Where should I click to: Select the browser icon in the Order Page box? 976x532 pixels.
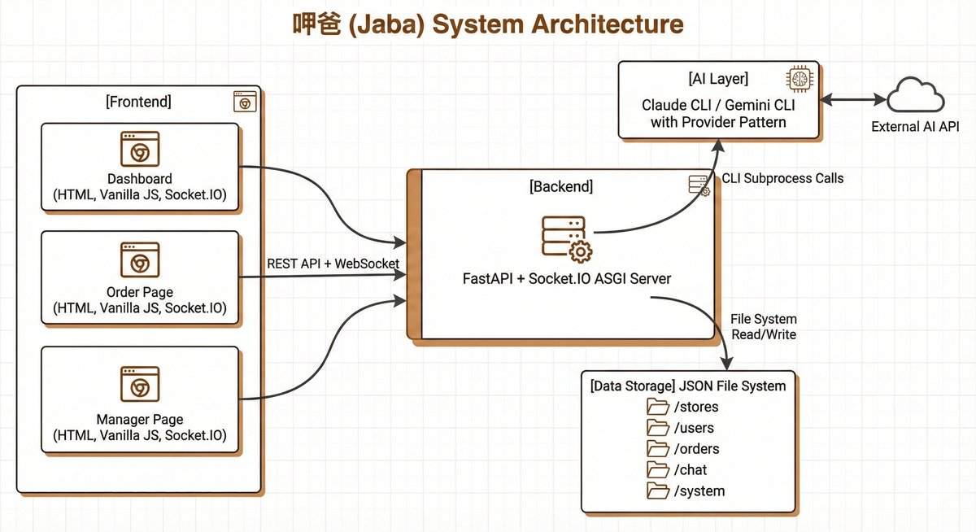coord(139,259)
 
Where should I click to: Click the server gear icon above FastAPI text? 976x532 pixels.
coord(565,238)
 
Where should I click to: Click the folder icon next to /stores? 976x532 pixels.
coord(656,407)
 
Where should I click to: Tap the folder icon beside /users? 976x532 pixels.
coord(656,428)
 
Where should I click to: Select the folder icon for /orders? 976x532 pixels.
coord(656,449)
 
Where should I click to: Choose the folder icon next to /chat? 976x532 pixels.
coord(656,470)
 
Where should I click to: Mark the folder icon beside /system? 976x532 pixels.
coord(656,491)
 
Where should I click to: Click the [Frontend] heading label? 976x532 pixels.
coord(138,102)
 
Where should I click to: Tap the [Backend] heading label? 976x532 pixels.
coord(561,187)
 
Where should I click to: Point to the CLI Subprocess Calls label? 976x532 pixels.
coord(783,178)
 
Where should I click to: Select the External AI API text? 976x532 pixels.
coord(915,127)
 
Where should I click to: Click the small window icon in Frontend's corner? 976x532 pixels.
coord(243,102)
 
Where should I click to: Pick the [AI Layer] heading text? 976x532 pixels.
coord(718,80)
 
